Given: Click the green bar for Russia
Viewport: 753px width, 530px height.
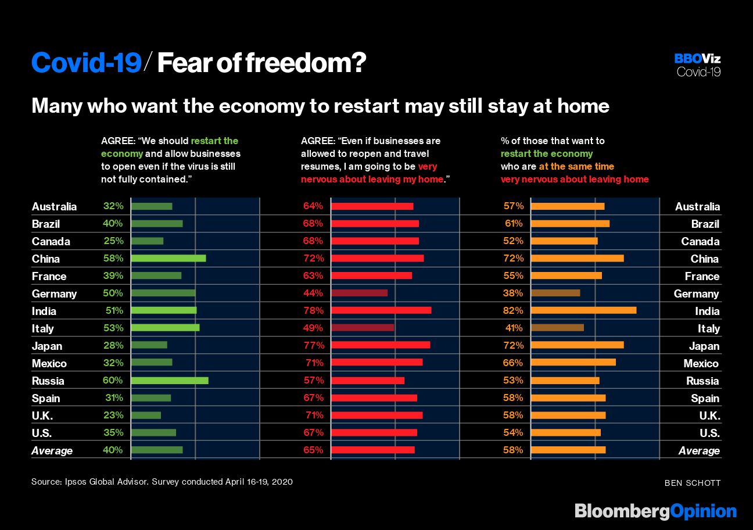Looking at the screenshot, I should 170,381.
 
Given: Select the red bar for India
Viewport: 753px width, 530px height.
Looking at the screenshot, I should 381,310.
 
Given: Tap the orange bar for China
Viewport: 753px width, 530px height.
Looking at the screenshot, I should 577,258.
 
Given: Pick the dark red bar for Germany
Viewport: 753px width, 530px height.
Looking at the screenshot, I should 359,293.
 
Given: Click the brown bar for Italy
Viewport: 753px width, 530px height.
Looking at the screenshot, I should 557,328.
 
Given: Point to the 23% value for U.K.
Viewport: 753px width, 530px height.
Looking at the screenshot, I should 113,415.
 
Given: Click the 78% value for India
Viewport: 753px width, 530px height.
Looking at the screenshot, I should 313,310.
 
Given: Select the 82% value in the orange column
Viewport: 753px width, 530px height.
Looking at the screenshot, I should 513,310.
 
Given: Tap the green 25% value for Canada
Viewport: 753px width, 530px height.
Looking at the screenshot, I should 113,241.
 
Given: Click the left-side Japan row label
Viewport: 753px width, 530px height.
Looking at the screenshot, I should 47,346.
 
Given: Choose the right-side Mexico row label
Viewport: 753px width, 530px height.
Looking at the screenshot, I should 701,363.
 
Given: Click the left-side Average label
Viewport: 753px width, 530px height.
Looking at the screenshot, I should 52,450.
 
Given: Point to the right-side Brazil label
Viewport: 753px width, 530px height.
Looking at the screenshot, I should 705,224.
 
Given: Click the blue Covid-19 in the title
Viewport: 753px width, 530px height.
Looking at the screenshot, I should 86,63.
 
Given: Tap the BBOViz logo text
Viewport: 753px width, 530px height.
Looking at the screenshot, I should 697,59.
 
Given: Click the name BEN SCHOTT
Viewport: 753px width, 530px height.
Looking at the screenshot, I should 693,482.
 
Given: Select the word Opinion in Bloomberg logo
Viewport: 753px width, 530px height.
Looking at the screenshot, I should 703,511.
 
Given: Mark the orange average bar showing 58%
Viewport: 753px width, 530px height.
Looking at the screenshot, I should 568,450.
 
